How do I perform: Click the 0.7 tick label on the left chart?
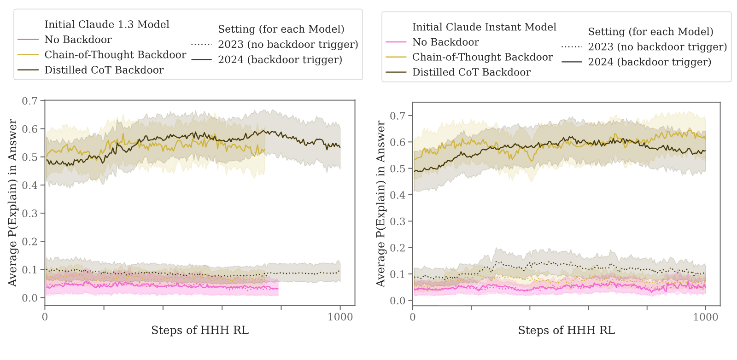[x=29, y=101]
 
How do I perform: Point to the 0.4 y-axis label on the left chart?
[x=29, y=185]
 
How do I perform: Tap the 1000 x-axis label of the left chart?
[x=340, y=317]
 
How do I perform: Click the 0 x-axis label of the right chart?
[x=413, y=317]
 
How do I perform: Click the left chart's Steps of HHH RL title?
[x=200, y=330]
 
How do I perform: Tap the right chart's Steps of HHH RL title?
[x=566, y=330]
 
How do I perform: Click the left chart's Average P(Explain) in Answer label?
[x=12, y=203]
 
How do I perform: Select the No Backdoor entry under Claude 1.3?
[x=78, y=40]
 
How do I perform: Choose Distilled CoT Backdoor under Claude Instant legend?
[x=472, y=72]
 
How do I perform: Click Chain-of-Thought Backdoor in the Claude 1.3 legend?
[x=115, y=55]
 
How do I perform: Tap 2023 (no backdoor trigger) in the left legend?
[x=288, y=44]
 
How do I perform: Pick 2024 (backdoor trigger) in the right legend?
[x=649, y=62]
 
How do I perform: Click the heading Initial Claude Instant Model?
[x=484, y=27]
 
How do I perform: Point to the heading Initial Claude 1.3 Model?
[x=107, y=24]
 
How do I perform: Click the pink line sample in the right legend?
[x=396, y=42]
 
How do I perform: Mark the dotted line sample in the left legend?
[x=202, y=44]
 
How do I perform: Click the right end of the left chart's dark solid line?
[x=340, y=147]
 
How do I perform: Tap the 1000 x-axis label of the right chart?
[x=705, y=317]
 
